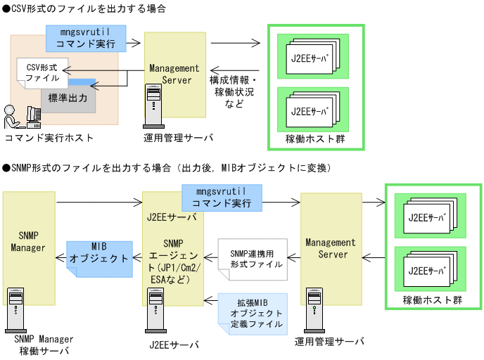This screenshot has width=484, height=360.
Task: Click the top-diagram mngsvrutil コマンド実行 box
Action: point(87,38)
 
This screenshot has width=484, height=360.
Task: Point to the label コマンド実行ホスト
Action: point(49,137)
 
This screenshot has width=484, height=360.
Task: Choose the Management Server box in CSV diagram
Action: point(175,75)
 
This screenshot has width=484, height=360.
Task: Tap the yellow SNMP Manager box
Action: point(29,247)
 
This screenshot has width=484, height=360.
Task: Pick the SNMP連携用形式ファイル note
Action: point(250,259)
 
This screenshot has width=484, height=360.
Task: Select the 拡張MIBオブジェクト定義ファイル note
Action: point(252,312)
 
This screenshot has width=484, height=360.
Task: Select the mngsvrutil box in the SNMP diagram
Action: point(222,198)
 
